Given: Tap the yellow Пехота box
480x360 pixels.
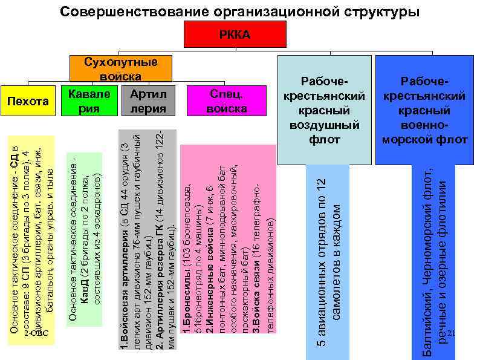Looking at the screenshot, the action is click(x=28, y=101).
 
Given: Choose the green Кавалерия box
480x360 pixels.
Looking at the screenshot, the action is click(x=90, y=101).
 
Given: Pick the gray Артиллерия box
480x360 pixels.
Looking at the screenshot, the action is click(x=148, y=101).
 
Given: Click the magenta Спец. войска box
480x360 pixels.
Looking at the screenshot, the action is click(x=227, y=101).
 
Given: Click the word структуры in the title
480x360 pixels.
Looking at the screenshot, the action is click(x=374, y=11).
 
